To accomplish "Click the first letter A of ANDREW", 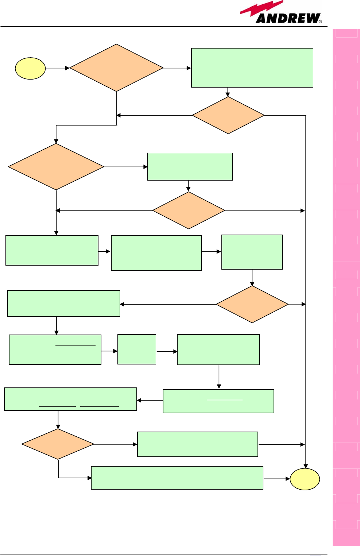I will pyautogui.click(x=262, y=19).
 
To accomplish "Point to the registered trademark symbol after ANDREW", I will pyautogui.click(x=320, y=22).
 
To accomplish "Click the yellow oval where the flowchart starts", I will pyautogui.click(x=30, y=68).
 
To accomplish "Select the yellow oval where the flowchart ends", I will pyautogui.click(x=305, y=479).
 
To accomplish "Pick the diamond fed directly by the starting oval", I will pyautogui.click(x=116, y=68).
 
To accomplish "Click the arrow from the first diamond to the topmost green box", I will pyautogui.click(x=177, y=68).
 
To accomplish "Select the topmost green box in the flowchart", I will pyautogui.click(x=252, y=68).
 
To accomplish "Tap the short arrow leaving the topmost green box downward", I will pyautogui.click(x=228, y=92).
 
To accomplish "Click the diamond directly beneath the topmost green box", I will pyautogui.click(x=228, y=115).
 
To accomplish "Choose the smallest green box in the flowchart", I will pyautogui.click(x=137, y=349).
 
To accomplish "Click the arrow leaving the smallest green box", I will pyautogui.click(x=167, y=351).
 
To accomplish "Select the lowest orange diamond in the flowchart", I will pyautogui.click(x=58, y=444).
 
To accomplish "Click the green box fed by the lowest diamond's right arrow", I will pyautogui.click(x=197, y=444).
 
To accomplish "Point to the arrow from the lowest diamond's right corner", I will pyautogui.click(x=115, y=444).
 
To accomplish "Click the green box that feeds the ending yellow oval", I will pyautogui.click(x=177, y=478).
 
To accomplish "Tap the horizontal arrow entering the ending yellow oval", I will pyautogui.click(x=276, y=479).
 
